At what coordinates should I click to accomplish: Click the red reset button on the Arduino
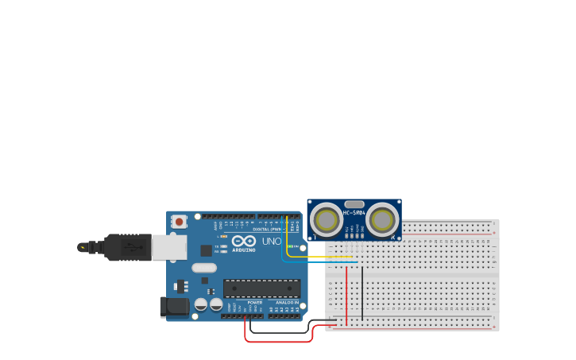[x=180, y=222]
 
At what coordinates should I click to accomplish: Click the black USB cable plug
[x=127, y=247]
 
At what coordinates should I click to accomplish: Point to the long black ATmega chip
[x=261, y=288]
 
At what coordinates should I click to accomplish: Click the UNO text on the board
[x=272, y=241]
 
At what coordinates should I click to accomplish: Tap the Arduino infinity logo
[x=243, y=241]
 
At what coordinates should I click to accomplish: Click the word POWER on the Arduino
[x=255, y=303]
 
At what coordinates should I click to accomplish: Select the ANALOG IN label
[x=287, y=303]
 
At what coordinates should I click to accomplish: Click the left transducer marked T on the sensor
[x=327, y=219]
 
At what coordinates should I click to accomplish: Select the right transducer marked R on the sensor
[x=382, y=220]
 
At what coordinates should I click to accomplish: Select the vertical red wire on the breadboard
[x=346, y=294]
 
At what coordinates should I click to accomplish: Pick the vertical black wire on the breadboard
[x=362, y=294]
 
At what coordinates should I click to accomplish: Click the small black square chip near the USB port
[x=206, y=250]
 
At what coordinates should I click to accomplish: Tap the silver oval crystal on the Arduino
[x=204, y=268]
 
